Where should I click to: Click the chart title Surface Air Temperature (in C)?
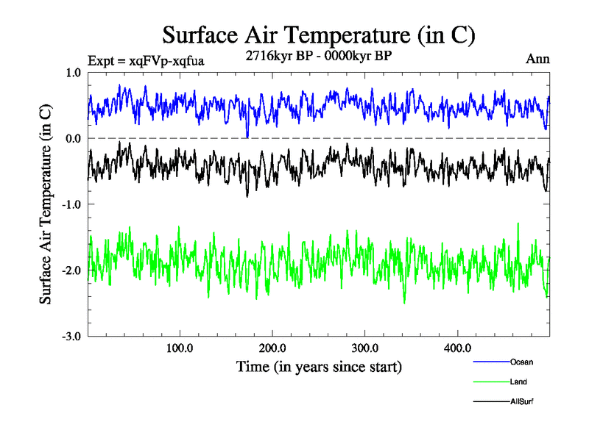(x=319, y=35)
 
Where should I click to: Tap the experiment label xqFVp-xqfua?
(x=145, y=60)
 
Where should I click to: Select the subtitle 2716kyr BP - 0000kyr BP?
(x=319, y=54)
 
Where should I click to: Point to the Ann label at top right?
(x=537, y=59)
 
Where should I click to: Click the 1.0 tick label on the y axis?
(x=74, y=73)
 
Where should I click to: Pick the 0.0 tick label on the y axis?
(x=74, y=138)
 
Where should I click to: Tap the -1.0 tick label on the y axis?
(x=71, y=204)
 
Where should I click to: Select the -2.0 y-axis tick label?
(x=71, y=270)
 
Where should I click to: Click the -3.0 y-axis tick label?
(x=71, y=337)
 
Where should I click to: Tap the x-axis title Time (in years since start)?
(x=319, y=366)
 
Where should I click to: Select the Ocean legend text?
(x=521, y=362)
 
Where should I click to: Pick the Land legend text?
(x=518, y=382)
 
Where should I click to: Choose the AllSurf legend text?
(x=522, y=402)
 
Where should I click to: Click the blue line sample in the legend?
(x=491, y=362)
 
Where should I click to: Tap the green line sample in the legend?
(x=491, y=382)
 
